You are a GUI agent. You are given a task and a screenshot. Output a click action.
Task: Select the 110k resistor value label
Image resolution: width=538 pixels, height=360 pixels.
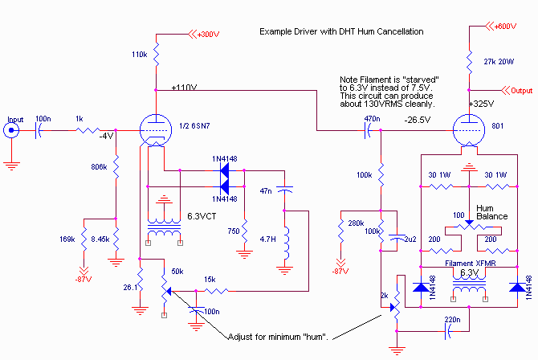pyautogui.click(x=137, y=54)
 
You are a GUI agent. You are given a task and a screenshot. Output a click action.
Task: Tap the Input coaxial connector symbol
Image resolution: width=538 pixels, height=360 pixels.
pyautogui.click(x=10, y=131)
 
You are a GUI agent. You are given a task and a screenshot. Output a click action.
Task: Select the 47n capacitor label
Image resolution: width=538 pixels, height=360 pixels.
pyautogui.click(x=265, y=193)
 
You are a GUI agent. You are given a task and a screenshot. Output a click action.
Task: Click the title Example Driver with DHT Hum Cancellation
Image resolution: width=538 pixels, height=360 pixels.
pyautogui.click(x=341, y=31)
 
